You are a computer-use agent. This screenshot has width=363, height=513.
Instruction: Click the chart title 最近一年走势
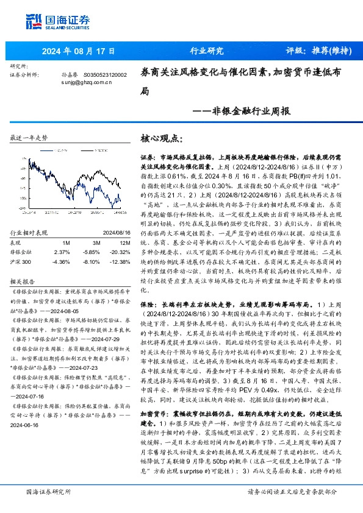point(29,138)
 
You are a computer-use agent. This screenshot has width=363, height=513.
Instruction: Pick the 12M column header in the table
point(116,242)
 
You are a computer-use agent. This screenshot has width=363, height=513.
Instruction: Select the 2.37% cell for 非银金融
point(62,252)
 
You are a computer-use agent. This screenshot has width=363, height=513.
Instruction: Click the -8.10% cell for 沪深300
point(92,261)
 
